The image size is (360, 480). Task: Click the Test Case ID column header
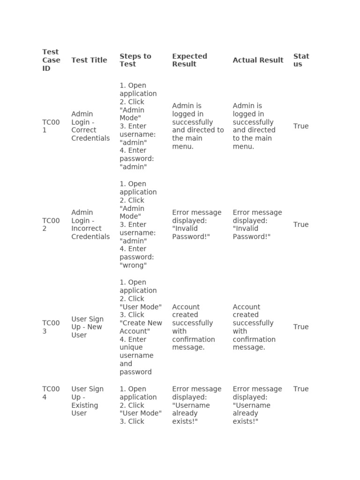tap(51, 60)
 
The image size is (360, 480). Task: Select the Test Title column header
tap(89, 60)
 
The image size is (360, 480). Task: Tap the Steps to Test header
tap(135, 60)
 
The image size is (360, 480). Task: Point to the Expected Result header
tap(189, 60)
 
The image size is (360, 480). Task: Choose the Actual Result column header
tap(258, 60)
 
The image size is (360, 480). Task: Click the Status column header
tap(301, 60)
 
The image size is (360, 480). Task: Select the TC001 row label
tap(51, 126)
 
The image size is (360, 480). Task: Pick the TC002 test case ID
tap(51, 225)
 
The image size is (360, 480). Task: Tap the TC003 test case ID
tap(51, 327)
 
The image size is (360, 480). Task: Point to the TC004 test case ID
tap(51, 393)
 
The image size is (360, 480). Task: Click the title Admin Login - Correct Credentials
tap(90, 126)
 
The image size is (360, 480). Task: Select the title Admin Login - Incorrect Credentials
tap(90, 225)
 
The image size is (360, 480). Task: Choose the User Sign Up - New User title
tap(88, 327)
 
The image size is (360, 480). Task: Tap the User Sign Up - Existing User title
tap(88, 401)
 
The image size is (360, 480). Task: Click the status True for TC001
tap(301, 126)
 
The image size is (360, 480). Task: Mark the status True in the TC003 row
tap(301, 327)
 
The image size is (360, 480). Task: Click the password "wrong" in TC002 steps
tap(133, 265)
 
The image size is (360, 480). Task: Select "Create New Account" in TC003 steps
tap(141, 327)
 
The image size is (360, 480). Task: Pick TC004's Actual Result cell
tap(257, 405)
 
